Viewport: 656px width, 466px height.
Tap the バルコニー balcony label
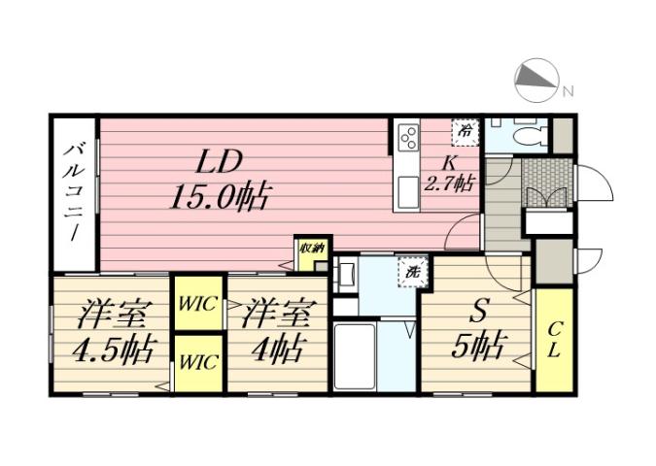click(74, 193)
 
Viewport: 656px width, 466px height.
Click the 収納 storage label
click(312, 248)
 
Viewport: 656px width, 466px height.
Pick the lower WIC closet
click(197, 362)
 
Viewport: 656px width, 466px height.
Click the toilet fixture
click(528, 135)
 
